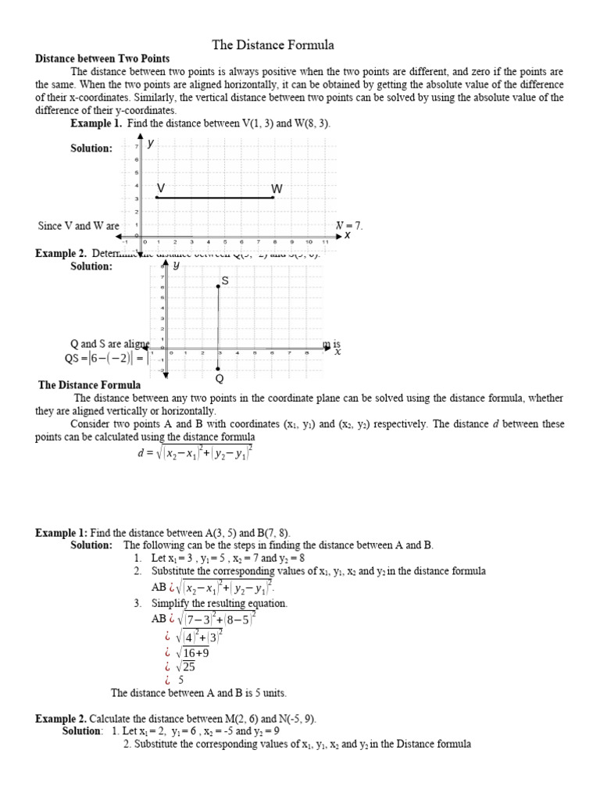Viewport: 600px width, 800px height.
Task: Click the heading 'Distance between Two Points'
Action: [x=102, y=59]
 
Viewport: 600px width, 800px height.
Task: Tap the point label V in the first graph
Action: [x=160, y=188]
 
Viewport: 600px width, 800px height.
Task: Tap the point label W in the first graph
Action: [x=277, y=189]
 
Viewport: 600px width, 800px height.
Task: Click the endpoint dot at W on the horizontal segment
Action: [x=273, y=198]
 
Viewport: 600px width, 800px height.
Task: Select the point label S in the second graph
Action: [x=225, y=280]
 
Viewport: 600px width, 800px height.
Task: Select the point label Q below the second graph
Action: [x=219, y=379]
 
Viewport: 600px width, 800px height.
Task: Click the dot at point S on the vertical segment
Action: [x=218, y=287]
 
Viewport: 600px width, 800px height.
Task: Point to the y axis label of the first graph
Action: [x=150, y=143]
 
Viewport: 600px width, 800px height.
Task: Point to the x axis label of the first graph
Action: [x=347, y=234]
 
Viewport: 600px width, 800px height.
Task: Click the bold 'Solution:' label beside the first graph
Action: [x=91, y=148]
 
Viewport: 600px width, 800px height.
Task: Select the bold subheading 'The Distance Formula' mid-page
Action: [x=90, y=385]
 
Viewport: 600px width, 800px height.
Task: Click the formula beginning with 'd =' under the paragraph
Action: [x=195, y=453]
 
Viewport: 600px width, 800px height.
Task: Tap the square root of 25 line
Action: [x=180, y=666]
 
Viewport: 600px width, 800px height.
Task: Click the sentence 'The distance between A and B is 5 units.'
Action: [x=198, y=693]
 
